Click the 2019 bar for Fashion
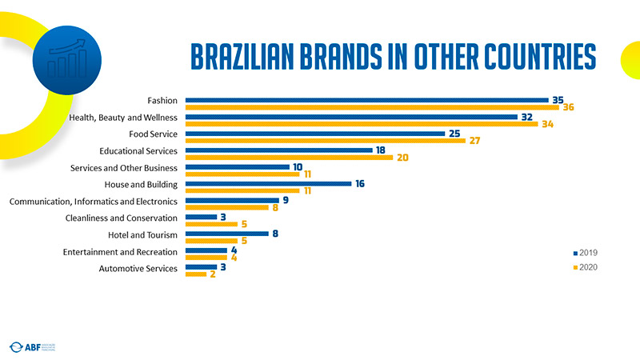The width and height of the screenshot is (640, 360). click(x=366, y=100)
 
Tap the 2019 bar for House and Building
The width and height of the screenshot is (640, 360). click(x=268, y=184)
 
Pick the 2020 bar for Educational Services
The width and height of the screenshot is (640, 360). click(x=289, y=157)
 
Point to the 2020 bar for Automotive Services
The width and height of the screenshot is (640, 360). click(x=195, y=274)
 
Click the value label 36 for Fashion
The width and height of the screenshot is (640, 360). click(x=569, y=107)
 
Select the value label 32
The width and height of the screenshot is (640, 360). click(x=526, y=117)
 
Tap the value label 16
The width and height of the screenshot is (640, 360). click(x=360, y=184)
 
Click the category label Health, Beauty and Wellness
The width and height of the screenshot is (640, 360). click(x=123, y=118)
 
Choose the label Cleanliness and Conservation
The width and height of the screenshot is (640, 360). click(x=121, y=218)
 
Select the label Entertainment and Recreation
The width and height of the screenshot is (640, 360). click(x=120, y=252)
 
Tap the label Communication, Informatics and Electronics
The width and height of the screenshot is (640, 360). click(x=93, y=201)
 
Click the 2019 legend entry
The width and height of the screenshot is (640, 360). click(x=586, y=252)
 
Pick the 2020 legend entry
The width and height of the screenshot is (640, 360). click(x=586, y=267)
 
